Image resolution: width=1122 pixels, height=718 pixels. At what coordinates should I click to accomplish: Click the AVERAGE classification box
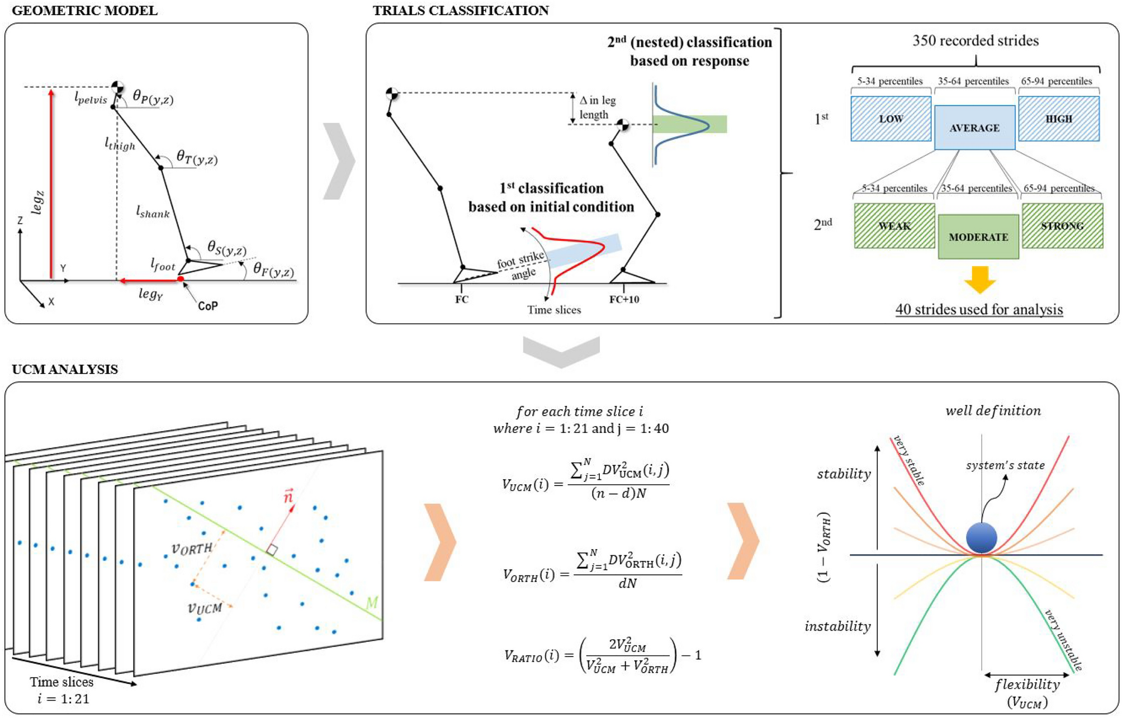tap(974, 127)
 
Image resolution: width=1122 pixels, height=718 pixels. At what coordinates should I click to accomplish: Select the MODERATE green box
tap(978, 237)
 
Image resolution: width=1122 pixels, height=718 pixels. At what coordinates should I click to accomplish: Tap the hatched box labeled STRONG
tap(1062, 226)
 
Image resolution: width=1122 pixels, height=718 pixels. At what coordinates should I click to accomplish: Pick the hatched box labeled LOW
tap(891, 119)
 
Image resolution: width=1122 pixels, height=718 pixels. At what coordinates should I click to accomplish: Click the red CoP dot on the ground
tap(181, 278)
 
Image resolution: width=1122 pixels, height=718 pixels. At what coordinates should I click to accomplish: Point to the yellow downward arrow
tap(979, 279)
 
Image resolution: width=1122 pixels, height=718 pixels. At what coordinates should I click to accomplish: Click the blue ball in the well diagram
tap(981, 538)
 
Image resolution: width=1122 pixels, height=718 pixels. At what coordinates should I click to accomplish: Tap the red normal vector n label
tap(288, 495)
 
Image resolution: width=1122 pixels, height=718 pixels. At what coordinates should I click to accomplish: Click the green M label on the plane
tap(371, 602)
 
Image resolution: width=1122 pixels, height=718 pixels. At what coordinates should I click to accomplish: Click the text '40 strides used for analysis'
tap(979, 309)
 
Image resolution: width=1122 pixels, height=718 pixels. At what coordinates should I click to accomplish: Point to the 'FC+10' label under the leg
tap(624, 299)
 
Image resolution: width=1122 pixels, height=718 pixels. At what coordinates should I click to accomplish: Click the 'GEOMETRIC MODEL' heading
tap(84, 10)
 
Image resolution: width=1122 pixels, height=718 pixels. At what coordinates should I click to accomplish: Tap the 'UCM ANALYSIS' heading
tap(65, 369)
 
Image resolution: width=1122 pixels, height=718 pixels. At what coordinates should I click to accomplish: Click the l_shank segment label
tap(152, 212)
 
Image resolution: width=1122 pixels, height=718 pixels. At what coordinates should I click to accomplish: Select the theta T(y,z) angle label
tap(197, 158)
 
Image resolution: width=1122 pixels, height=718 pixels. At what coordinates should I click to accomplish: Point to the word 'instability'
tap(837, 626)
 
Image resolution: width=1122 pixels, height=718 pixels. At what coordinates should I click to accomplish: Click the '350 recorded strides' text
tap(975, 40)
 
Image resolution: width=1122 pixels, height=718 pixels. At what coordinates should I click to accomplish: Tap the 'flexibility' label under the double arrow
tap(1027, 684)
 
